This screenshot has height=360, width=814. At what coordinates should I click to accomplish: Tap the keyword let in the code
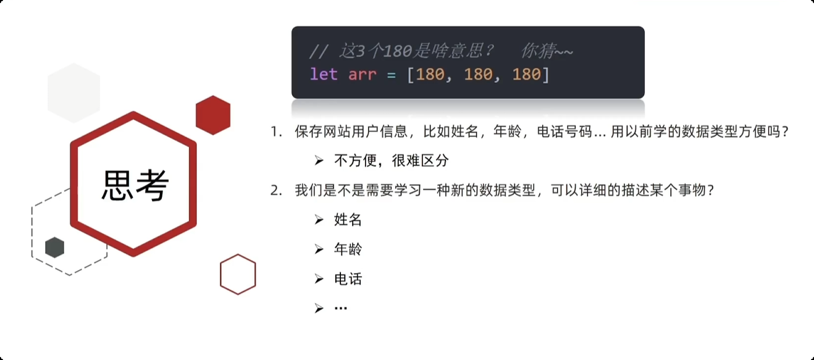(x=324, y=75)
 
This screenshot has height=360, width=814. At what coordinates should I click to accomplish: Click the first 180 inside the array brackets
(x=430, y=75)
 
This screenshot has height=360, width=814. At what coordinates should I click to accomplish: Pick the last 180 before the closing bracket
(x=526, y=75)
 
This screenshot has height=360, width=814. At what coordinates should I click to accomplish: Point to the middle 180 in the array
(x=478, y=75)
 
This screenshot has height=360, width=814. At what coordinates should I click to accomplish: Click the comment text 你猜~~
(x=547, y=51)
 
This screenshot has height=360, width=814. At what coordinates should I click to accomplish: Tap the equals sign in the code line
(x=391, y=75)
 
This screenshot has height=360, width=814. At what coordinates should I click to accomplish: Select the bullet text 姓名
(x=348, y=219)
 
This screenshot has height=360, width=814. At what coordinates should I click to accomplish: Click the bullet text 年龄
(x=348, y=249)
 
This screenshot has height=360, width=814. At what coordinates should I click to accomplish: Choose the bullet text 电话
(x=348, y=278)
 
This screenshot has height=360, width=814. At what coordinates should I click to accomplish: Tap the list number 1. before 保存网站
(x=276, y=132)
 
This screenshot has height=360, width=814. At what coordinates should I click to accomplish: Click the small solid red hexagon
(x=213, y=115)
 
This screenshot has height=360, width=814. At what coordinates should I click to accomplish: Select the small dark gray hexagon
(x=55, y=247)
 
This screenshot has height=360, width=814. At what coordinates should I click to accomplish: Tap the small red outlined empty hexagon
(x=238, y=274)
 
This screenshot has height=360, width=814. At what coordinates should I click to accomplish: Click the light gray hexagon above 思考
(x=74, y=93)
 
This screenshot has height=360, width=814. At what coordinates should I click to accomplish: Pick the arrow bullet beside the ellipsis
(x=319, y=308)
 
